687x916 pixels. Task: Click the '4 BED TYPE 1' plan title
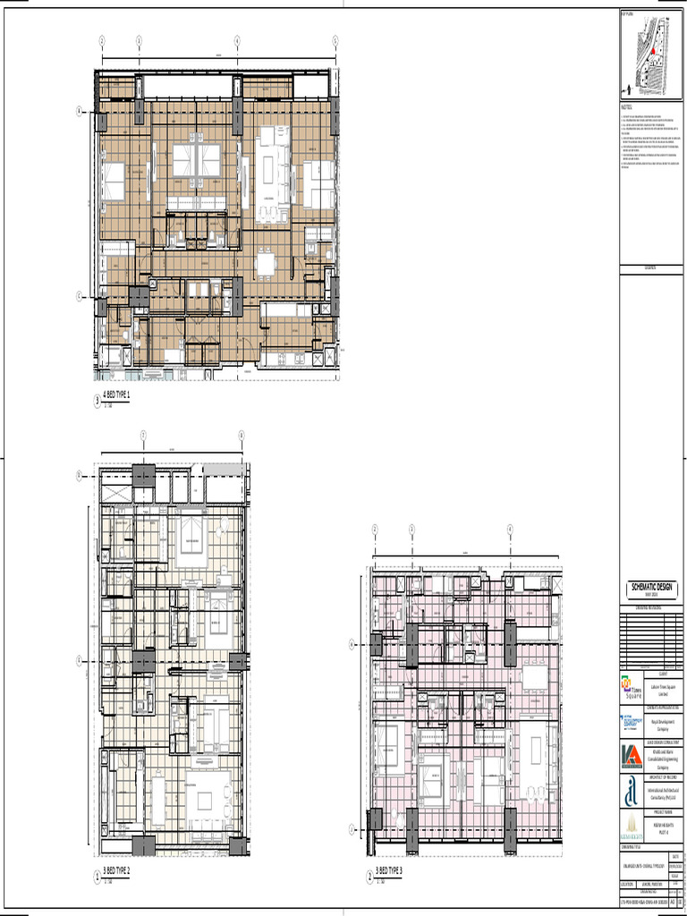pos(116,394)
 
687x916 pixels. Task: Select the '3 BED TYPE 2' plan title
pos(116,870)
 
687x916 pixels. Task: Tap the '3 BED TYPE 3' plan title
pos(389,870)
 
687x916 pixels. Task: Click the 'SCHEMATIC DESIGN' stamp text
pos(652,587)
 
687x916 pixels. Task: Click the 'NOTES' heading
pos(626,107)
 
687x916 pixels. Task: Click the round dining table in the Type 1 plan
pos(267,265)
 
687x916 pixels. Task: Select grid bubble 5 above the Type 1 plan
pos(335,40)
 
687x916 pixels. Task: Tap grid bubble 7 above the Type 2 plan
pos(142,436)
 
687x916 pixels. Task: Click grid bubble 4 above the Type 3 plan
pos(510,529)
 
